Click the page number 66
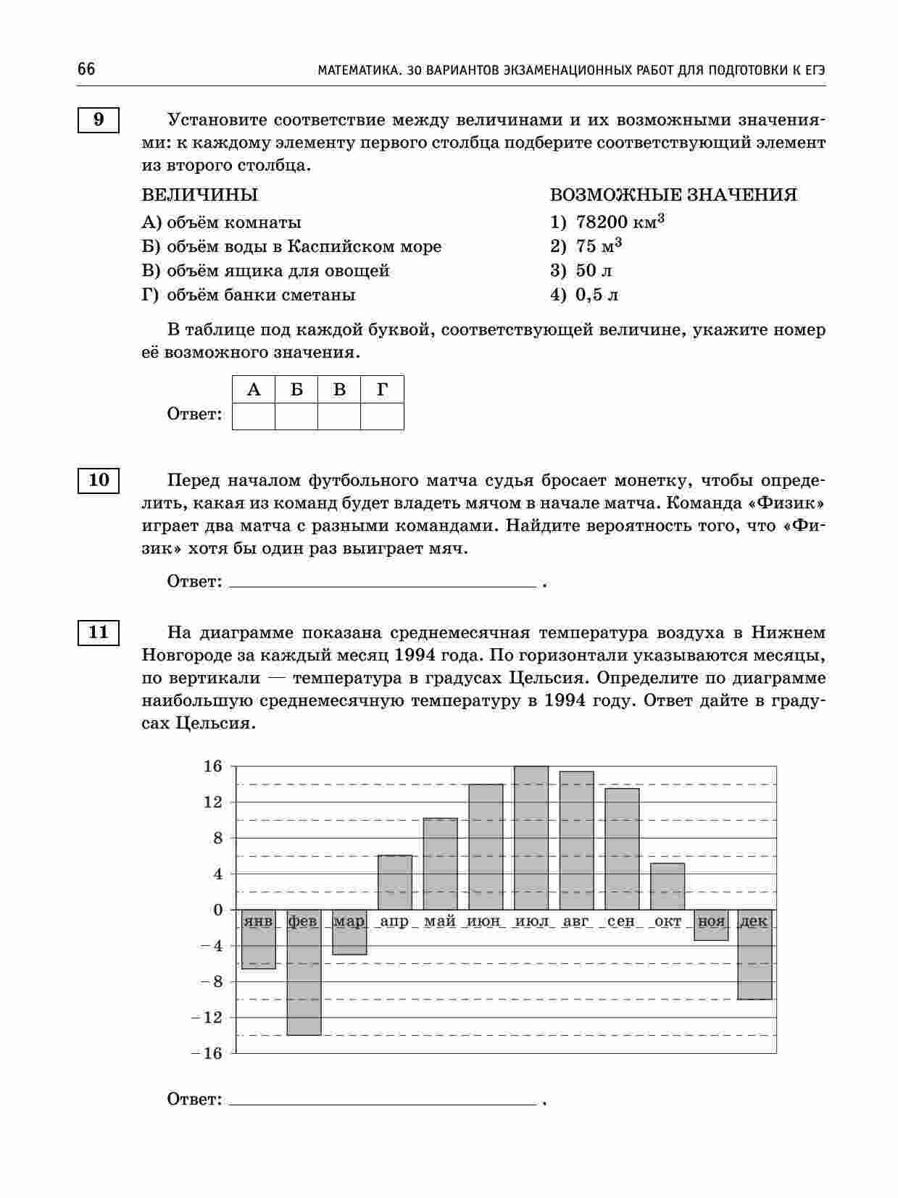click(86, 70)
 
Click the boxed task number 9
click(98, 120)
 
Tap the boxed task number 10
click(98, 479)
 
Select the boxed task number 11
click(98, 632)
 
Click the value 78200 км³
click(620, 222)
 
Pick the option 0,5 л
click(596, 295)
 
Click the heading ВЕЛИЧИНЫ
click(199, 195)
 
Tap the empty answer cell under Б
click(296, 416)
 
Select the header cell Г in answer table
click(382, 390)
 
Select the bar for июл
click(531, 837)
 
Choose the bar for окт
click(668, 886)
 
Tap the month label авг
click(576, 921)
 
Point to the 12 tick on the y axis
click(213, 802)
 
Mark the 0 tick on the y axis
click(217, 910)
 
